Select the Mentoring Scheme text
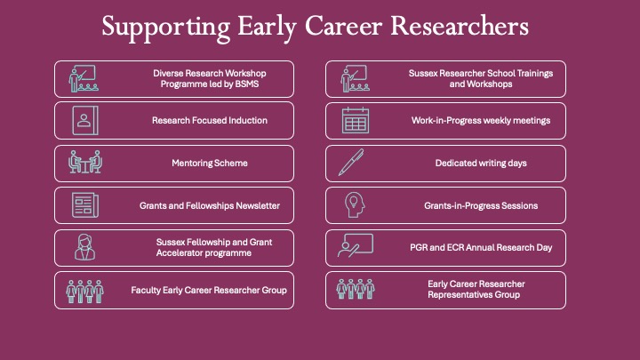[x=210, y=164]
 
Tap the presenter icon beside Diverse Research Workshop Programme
[x=83, y=79]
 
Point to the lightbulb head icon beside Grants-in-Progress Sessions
[x=353, y=206]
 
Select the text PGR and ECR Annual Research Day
[x=481, y=248]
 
